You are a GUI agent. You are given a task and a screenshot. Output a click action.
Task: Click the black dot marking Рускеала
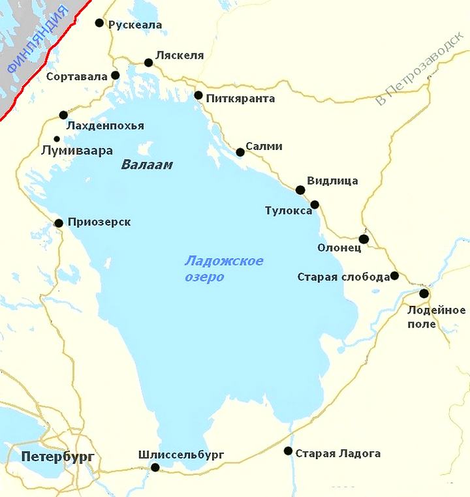tap(99, 23)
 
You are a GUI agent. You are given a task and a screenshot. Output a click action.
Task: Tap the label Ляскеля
tap(180, 55)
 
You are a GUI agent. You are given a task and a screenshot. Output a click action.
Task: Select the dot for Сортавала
tap(116, 75)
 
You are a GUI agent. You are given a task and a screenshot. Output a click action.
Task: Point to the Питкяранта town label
tap(240, 99)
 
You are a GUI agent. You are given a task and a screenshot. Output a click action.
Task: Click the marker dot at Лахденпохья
tap(63, 115)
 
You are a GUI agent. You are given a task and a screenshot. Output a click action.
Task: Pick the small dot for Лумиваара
tap(57, 138)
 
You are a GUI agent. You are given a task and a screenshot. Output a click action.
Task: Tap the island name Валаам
tap(147, 165)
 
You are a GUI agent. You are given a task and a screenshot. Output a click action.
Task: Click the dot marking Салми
tap(240, 153)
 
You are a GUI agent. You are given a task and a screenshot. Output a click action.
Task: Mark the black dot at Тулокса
tap(315, 204)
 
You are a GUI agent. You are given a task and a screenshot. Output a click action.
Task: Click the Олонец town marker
tap(364, 239)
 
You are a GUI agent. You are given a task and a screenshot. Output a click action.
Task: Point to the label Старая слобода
tap(343, 277)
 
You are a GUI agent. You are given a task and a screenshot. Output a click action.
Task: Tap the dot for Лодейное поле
tap(424, 294)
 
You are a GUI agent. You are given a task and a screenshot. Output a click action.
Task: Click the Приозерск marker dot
tap(59, 223)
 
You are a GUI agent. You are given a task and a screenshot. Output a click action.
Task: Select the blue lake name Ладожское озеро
tap(224, 269)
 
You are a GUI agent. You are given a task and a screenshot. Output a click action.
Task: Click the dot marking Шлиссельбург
tap(155, 467)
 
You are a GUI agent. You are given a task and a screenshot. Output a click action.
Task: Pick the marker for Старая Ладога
tap(288, 451)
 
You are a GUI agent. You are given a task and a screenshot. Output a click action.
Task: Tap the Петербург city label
tap(57, 456)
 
